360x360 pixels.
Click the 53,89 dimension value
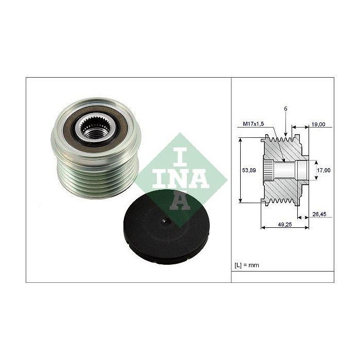click(249, 170)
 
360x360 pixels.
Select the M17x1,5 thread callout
click(254, 124)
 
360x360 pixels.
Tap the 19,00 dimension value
click(318, 124)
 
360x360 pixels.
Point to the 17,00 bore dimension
click(323, 170)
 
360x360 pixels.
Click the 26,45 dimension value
click(319, 214)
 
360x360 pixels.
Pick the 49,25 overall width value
click(285, 225)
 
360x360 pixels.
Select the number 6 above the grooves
click(285, 109)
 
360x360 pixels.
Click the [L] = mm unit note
click(246, 265)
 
